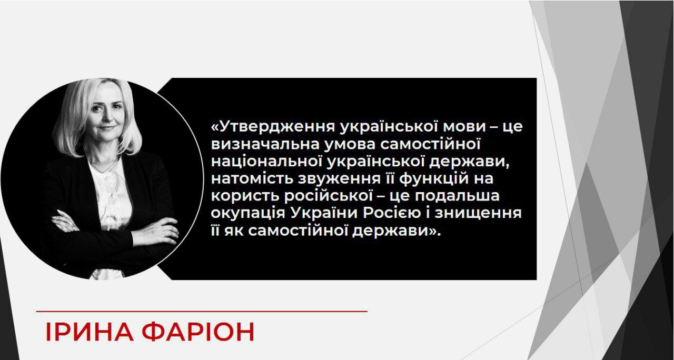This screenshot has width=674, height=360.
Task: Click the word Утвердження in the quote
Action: pyautogui.click(x=276, y=127)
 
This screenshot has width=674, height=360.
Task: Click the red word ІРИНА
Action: pyautogui.click(x=90, y=332)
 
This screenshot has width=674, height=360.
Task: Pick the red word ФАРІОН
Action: pyautogui.click(x=199, y=332)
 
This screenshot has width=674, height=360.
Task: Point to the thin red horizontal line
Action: pyautogui.click(x=202, y=311)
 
